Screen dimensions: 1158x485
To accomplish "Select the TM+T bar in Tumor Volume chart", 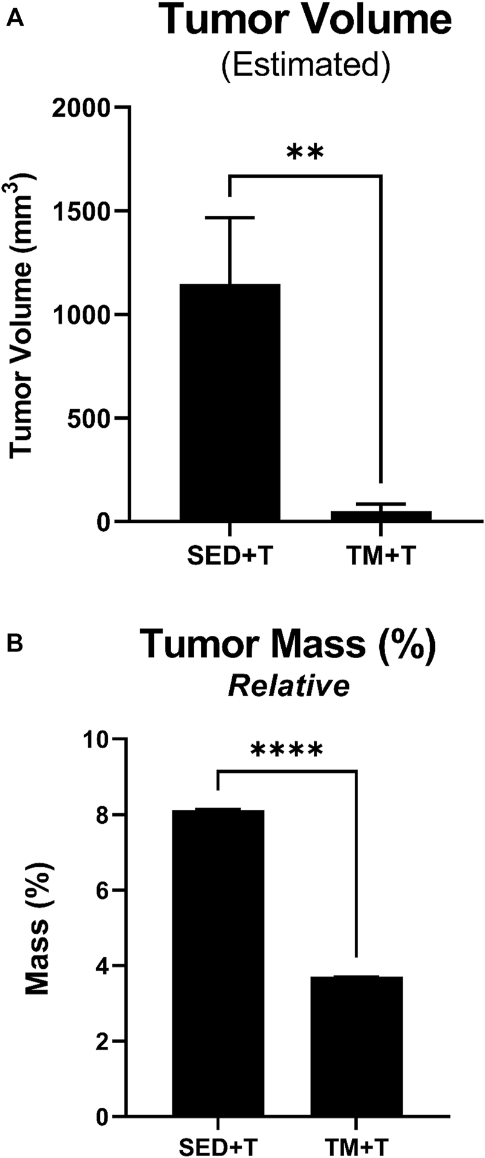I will [380, 516].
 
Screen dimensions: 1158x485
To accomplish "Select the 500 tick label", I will [90, 418].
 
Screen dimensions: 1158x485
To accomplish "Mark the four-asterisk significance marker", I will [287, 752].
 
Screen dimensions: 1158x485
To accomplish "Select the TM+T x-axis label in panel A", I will [381, 555].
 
